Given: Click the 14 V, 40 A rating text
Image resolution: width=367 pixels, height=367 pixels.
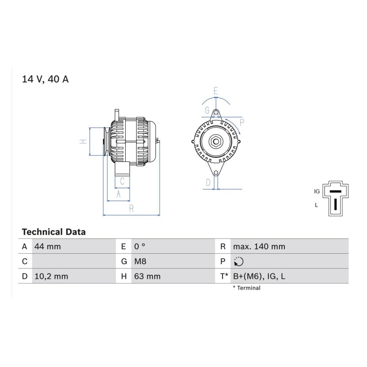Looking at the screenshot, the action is pyautogui.click(x=45, y=79).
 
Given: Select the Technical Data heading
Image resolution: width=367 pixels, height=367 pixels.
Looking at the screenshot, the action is pyautogui.click(x=54, y=232).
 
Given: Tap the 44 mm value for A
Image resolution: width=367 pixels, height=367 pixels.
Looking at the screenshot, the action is pyautogui.click(x=48, y=246).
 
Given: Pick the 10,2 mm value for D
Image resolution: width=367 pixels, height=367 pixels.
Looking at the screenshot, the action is pyautogui.click(x=51, y=276).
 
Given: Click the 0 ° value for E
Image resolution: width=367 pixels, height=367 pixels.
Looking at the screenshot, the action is pyautogui.click(x=139, y=246).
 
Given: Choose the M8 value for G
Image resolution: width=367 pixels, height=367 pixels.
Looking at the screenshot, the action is pyautogui.click(x=140, y=261).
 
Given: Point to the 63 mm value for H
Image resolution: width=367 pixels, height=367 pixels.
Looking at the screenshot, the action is pyautogui.click(x=147, y=276).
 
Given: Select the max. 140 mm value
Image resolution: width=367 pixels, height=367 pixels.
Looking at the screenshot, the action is pyautogui.click(x=259, y=246).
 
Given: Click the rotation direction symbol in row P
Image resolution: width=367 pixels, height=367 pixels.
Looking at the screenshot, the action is pyautogui.click(x=239, y=261).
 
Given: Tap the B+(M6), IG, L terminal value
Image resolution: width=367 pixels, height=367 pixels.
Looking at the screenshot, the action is pyautogui.click(x=259, y=276).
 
